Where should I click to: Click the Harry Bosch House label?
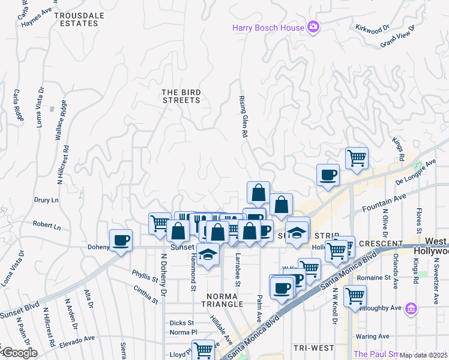(268, 28)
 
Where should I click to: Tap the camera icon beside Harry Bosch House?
(313, 27)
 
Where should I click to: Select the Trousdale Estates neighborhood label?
(76, 19)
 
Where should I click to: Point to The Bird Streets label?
(181, 96)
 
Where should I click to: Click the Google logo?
(19, 353)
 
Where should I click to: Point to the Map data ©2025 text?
(424, 355)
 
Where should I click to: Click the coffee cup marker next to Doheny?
(121, 240)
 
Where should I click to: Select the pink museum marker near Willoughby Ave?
(411, 308)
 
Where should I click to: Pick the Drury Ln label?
(46, 200)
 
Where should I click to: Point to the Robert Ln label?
(47, 226)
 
